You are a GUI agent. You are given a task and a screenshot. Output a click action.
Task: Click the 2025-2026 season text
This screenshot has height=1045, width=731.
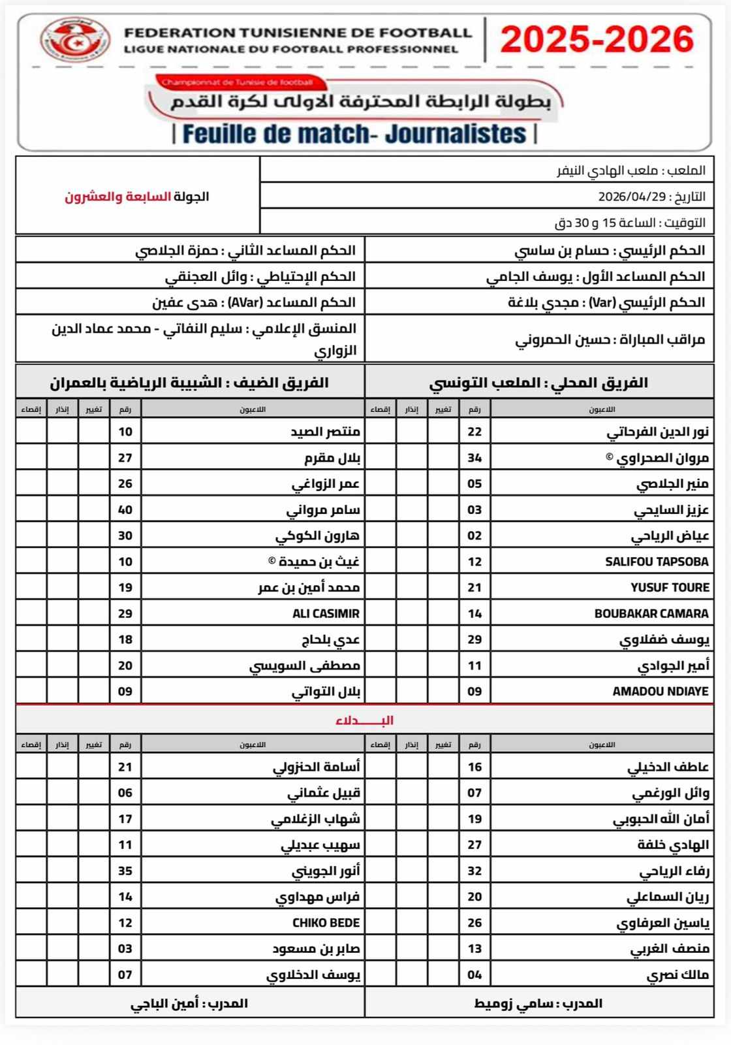click(x=597, y=40)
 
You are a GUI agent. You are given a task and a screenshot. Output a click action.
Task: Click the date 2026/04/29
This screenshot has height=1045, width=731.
click(x=631, y=197)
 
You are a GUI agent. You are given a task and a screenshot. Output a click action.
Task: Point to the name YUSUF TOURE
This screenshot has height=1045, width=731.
click(x=670, y=587)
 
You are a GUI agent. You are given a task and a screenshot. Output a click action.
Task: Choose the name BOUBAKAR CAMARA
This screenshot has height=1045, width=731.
click(x=651, y=613)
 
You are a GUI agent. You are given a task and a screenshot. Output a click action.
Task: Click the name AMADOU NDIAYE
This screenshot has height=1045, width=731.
click(x=661, y=691)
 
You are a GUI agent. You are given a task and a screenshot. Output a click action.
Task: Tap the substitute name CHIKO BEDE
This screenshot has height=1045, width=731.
click(x=326, y=923)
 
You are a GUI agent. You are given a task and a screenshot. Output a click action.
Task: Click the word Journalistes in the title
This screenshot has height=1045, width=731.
click(x=456, y=134)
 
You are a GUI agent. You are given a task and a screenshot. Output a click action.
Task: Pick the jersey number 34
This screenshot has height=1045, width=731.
click(x=474, y=458)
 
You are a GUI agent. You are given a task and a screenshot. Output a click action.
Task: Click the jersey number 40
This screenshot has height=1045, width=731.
click(x=125, y=509)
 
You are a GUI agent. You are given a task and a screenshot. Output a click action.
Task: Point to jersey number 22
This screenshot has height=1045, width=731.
click(x=474, y=432)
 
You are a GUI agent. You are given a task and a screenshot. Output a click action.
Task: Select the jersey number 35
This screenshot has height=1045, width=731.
click(x=125, y=871)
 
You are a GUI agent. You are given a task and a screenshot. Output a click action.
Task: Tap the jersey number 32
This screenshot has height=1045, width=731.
click(x=474, y=871)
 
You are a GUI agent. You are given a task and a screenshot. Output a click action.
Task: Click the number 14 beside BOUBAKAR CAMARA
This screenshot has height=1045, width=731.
click(x=474, y=613)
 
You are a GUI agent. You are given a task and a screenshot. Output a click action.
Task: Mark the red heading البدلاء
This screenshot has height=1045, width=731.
click(x=364, y=720)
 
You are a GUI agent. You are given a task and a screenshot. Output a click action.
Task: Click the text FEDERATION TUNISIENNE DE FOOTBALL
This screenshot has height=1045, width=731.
click(x=298, y=32)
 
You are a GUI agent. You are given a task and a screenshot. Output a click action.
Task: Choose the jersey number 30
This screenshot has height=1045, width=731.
click(x=125, y=536)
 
